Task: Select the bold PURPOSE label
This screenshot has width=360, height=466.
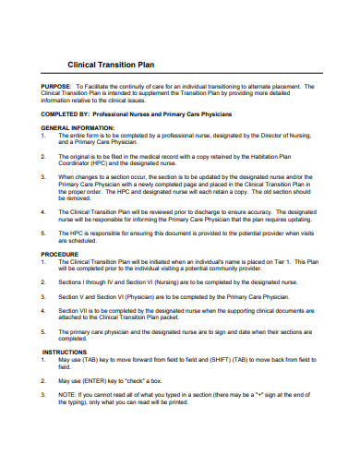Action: coord(56,86)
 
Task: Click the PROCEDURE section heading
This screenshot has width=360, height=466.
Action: coord(59,252)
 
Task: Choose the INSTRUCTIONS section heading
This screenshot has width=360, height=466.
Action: coord(64,352)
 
